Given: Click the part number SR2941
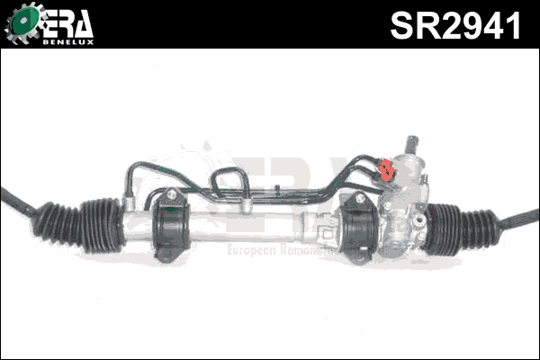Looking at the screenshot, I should (455, 24).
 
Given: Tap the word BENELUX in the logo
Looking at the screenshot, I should (68, 40).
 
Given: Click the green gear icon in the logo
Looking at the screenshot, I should (22, 24).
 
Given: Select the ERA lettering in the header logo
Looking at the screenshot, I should (67, 22).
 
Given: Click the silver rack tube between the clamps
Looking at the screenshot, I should (261, 220).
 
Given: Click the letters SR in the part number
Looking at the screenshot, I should (410, 24).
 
